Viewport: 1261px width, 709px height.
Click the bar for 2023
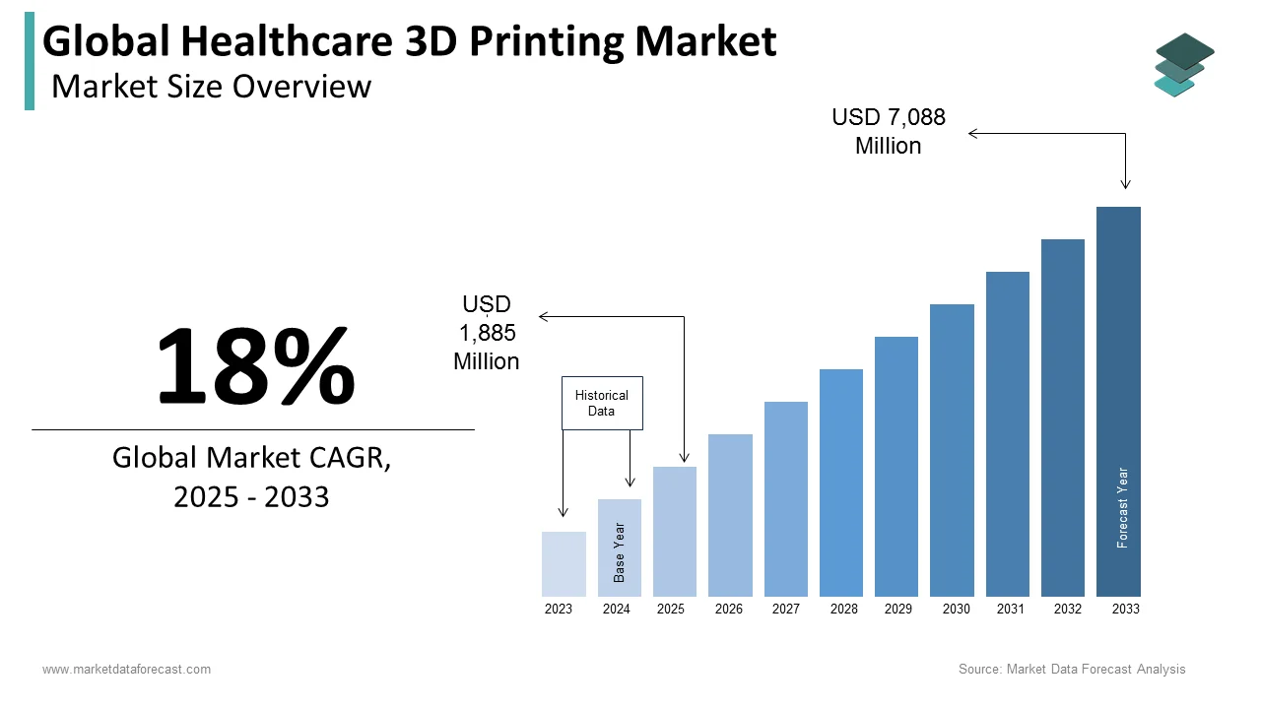[x=564, y=564]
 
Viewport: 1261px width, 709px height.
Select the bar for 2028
[x=840, y=483]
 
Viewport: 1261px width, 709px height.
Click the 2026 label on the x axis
[x=729, y=610]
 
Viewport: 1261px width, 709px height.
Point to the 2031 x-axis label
[x=1011, y=610]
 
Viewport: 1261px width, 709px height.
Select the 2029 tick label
[x=898, y=610]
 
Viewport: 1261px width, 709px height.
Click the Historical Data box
[x=602, y=403]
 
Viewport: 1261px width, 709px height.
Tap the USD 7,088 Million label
[x=889, y=131]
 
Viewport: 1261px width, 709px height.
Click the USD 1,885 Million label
[x=487, y=333]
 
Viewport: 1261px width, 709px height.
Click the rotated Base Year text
[x=620, y=551]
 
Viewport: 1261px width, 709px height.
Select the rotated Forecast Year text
[x=1122, y=507]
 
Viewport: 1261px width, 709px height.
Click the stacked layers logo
[x=1183, y=65]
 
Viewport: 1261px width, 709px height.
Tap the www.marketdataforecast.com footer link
[x=126, y=670]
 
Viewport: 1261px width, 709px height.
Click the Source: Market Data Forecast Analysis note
[x=1072, y=670]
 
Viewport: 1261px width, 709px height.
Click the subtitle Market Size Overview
[x=211, y=87]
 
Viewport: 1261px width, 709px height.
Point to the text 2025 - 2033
[x=251, y=496]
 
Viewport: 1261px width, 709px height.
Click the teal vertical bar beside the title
[x=30, y=61]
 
